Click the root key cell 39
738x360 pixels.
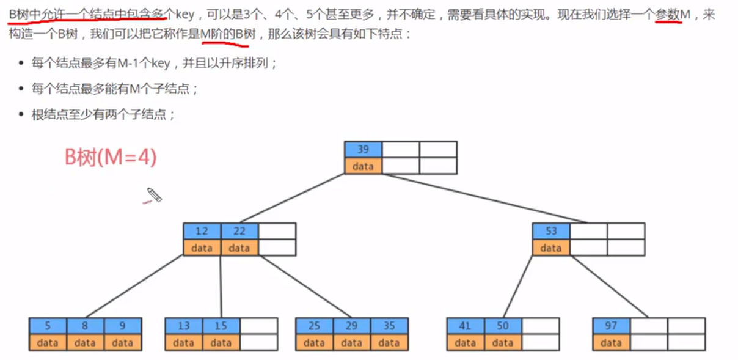tap(363, 150)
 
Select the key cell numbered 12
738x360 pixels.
tap(202, 231)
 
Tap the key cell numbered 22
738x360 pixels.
tap(239, 231)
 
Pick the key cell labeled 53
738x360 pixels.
tap(551, 231)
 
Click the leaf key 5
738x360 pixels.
tap(48, 326)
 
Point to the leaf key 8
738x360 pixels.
tap(85, 326)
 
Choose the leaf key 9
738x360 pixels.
tap(122, 326)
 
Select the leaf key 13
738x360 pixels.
tap(183, 326)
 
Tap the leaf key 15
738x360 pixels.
tap(221, 326)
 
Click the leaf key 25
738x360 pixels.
tap(314, 326)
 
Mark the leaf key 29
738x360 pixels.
tap(351, 326)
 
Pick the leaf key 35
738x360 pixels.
tap(389, 326)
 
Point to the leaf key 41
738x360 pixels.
tap(466, 326)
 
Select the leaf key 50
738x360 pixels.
tap(503, 326)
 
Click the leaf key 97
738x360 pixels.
tap(611, 326)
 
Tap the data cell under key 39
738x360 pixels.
tap(363, 166)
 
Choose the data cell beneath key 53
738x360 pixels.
tap(551, 248)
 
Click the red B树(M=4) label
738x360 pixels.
tap(111, 158)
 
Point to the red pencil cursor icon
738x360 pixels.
tap(154, 196)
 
